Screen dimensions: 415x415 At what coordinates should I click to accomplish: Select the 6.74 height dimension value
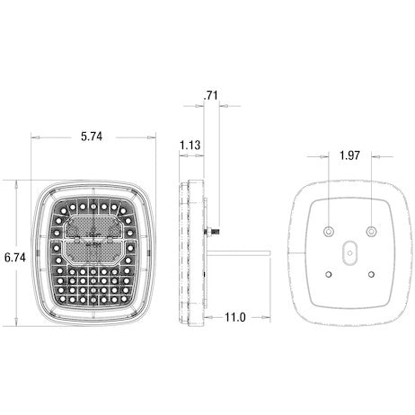click(15, 257)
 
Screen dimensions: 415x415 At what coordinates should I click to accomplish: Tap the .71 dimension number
click(211, 94)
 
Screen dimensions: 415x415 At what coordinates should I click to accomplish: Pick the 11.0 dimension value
click(235, 316)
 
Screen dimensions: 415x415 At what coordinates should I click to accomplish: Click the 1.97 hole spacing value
click(351, 155)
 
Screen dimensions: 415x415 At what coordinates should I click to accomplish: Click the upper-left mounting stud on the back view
click(330, 223)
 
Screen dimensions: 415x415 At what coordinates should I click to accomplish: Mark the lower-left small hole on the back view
click(330, 274)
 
